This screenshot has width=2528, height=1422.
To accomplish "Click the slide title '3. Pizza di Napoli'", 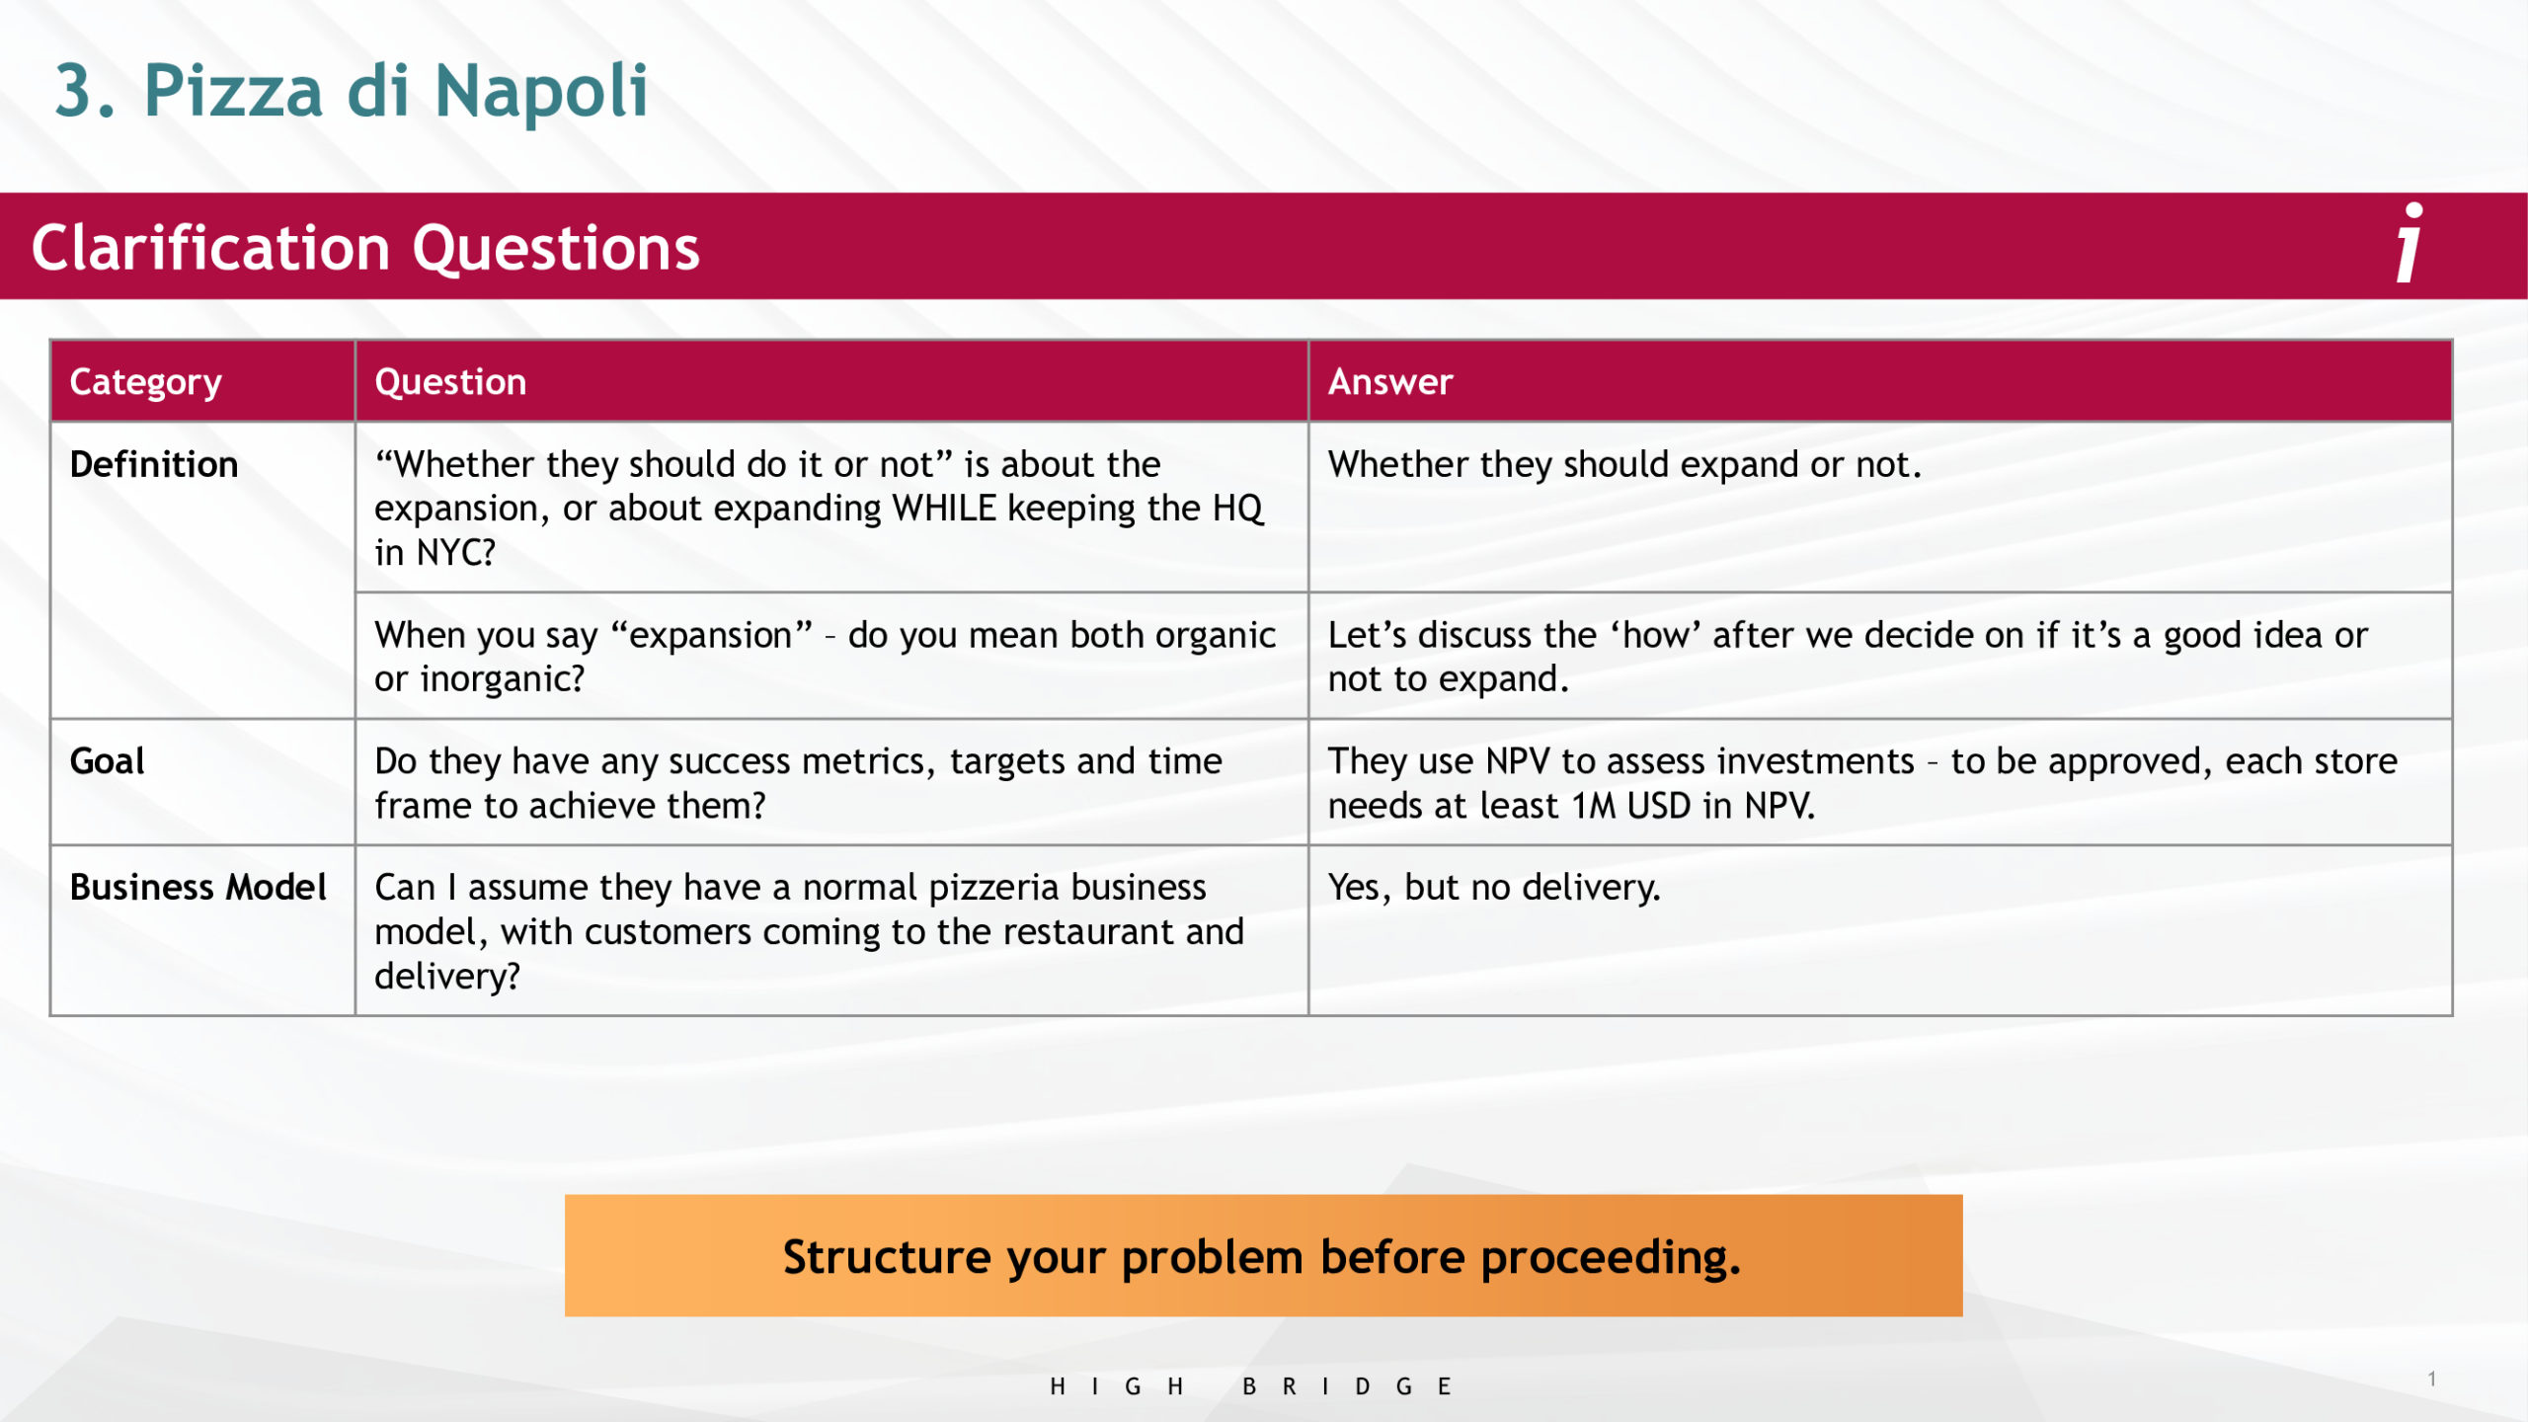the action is point(352,91).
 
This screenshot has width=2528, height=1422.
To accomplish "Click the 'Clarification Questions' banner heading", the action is point(365,247).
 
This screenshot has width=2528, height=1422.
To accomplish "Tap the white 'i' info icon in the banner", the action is point(2409,242).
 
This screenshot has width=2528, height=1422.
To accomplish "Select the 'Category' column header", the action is point(146,383).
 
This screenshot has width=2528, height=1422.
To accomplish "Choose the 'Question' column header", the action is point(450,382).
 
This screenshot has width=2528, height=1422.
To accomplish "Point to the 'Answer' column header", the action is point(1390,382).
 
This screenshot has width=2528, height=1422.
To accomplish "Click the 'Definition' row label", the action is point(154,464).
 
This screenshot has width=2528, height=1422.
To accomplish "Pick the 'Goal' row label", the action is point(107,761).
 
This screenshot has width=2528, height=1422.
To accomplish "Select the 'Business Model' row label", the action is point(197,887).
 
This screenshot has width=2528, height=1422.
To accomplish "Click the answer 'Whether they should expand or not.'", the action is point(1624,464).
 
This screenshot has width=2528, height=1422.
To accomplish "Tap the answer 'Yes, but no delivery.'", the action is point(1494,887).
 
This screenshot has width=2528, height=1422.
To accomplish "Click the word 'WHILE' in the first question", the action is point(945,509).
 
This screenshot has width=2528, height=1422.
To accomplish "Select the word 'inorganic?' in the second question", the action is point(503,679).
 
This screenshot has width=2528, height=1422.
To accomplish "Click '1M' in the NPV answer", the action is point(1594,806).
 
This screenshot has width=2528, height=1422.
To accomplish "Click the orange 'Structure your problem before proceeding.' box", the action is point(1263,1255).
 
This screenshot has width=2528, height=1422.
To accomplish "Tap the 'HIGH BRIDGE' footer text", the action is point(1250,1386).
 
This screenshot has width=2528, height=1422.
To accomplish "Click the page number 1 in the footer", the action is point(2431,1379).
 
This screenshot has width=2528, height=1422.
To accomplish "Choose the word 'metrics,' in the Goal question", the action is point(868,762).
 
